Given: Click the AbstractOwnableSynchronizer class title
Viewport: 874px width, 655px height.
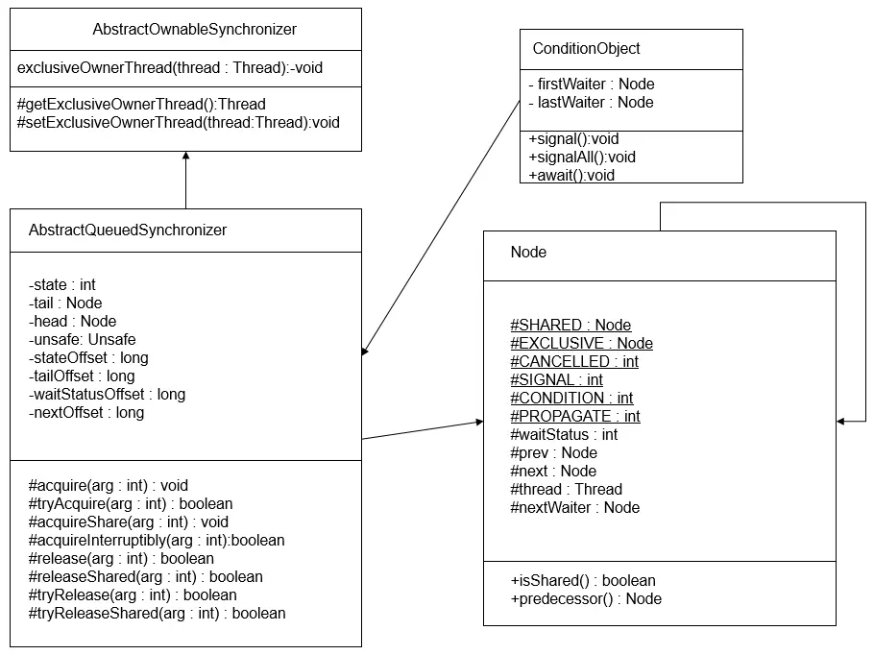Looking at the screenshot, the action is coord(195,29).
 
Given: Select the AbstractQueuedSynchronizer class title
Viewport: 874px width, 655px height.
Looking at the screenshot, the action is coord(128,230).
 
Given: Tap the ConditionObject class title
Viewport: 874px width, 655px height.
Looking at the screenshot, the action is coord(587,48).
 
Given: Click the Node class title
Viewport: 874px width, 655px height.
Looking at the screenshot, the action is coord(528,252).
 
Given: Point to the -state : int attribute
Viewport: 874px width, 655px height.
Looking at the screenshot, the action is coord(61,285).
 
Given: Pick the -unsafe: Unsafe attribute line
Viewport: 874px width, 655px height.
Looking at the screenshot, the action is coord(82,339).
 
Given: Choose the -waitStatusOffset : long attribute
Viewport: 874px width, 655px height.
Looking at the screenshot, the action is coord(107,394).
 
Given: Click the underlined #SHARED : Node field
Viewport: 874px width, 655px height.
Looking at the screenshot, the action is coord(571,325).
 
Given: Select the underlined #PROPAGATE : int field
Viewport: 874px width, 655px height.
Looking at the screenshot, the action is coord(575,417).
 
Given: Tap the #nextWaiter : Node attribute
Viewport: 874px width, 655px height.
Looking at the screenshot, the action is coord(574,508).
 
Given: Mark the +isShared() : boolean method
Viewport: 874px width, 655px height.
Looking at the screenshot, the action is coord(582,581).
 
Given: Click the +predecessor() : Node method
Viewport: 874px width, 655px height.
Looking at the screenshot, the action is coord(586,599).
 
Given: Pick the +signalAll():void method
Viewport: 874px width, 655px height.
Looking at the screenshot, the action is coord(582,158).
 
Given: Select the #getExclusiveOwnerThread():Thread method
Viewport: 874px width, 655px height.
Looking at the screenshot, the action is coord(141,105).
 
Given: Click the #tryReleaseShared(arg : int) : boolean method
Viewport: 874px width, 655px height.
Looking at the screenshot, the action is coord(158,613).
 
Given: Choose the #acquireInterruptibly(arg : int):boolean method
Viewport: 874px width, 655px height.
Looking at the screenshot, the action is coord(157,540).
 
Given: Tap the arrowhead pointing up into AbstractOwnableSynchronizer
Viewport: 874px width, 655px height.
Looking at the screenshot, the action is coord(186,156).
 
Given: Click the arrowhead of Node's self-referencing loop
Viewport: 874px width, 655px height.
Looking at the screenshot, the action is coord(841,422).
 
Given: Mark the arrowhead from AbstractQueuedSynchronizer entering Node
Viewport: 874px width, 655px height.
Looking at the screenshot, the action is coord(479,422).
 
